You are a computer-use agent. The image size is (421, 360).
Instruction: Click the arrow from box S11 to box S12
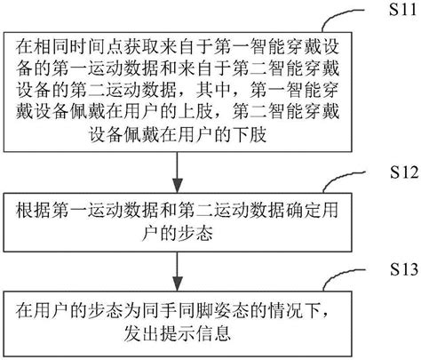pyautogui.click(x=181, y=169)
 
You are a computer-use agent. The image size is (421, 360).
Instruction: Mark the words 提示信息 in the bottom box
pyautogui.click(x=197, y=333)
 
